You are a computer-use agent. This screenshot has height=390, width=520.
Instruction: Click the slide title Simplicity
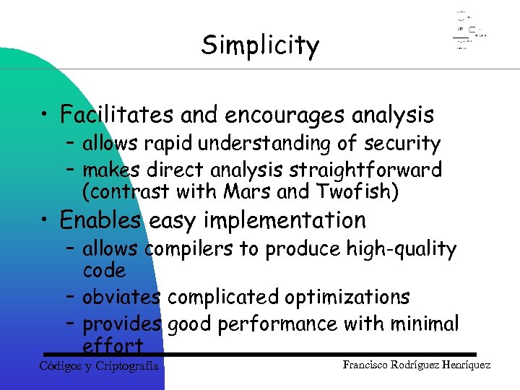[x=260, y=45]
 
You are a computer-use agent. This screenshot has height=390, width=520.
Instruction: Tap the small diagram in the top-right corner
[x=469, y=31]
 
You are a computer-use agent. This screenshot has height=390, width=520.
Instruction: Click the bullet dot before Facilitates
[x=45, y=116]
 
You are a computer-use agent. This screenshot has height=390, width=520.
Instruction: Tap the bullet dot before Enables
[x=45, y=220]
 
